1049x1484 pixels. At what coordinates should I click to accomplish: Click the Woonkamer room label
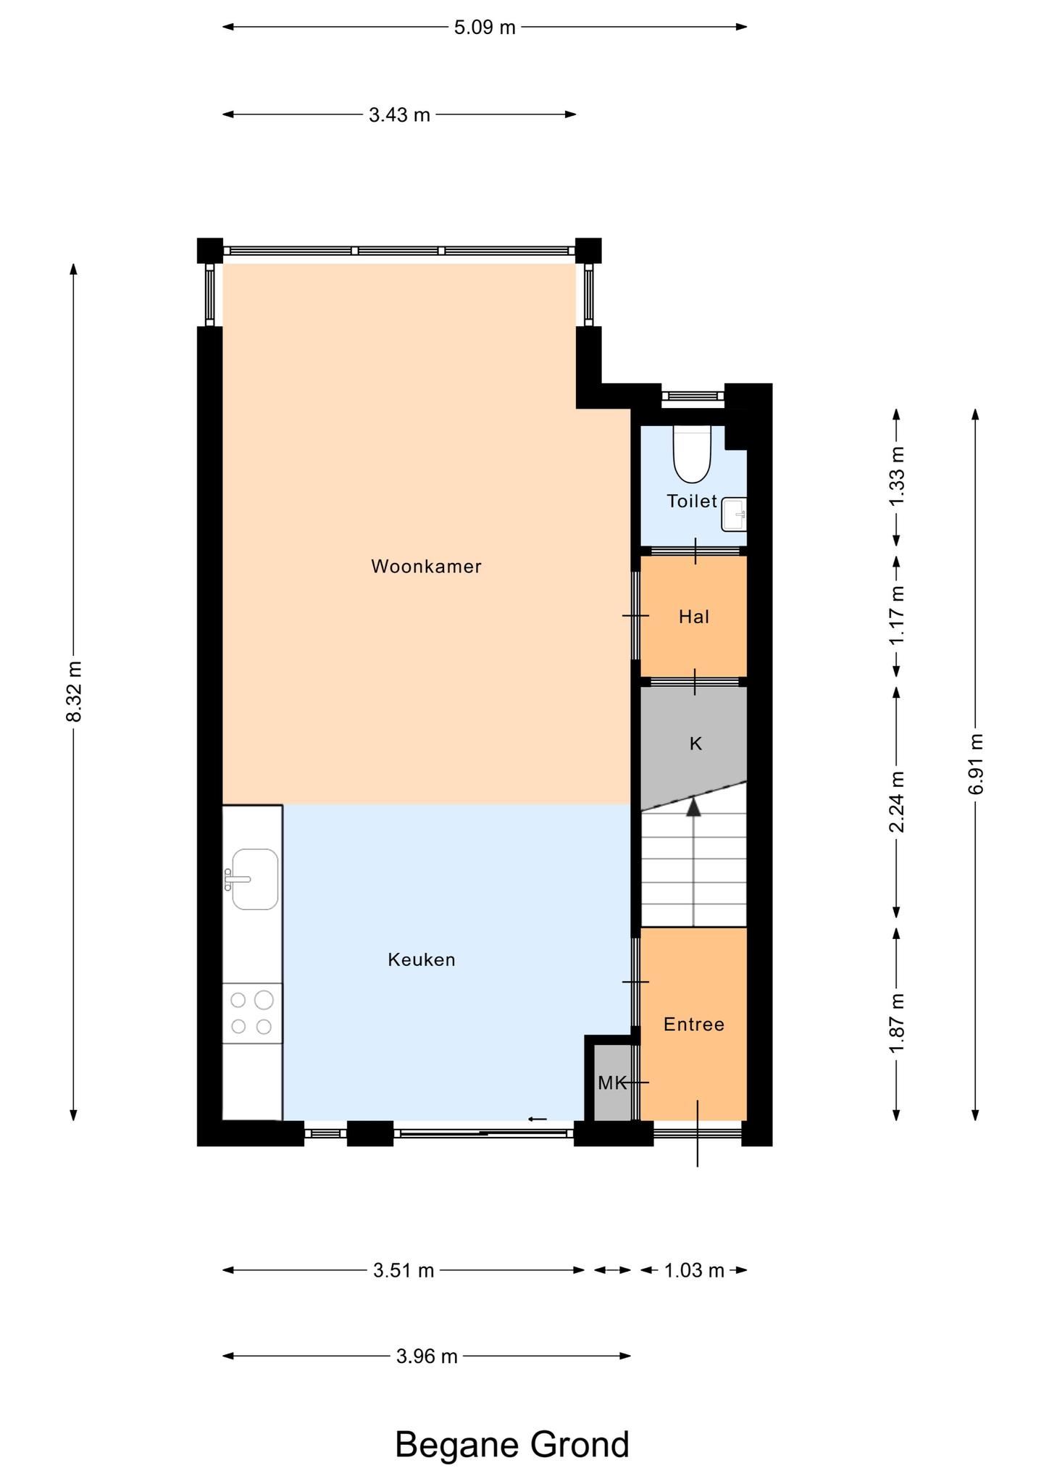[x=426, y=567]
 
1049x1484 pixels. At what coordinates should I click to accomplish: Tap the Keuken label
[x=422, y=960]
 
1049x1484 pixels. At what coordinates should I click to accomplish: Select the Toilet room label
[x=692, y=501]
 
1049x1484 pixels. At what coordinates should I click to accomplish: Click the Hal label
[x=694, y=617]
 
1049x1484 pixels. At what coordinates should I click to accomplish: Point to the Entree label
[x=694, y=1025]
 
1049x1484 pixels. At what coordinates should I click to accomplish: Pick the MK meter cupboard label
[x=612, y=1083]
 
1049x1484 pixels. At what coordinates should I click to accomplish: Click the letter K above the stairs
[x=695, y=744]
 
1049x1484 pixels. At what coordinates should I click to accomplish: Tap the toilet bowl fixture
[x=693, y=454]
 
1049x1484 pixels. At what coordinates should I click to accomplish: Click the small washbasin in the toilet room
[x=734, y=514]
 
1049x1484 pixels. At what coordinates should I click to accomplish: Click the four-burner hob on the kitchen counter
[x=252, y=1013]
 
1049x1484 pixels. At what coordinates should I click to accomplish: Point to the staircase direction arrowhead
[x=694, y=806]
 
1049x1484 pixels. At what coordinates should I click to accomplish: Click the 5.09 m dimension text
[x=485, y=28]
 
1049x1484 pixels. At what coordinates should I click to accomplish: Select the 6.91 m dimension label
[x=976, y=764]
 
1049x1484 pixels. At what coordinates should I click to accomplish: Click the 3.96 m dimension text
[x=427, y=1356]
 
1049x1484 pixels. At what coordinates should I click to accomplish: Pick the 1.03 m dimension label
[x=694, y=1270]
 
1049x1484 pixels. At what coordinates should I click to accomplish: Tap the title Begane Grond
[x=512, y=1444]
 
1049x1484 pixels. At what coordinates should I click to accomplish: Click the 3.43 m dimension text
[x=399, y=114]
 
